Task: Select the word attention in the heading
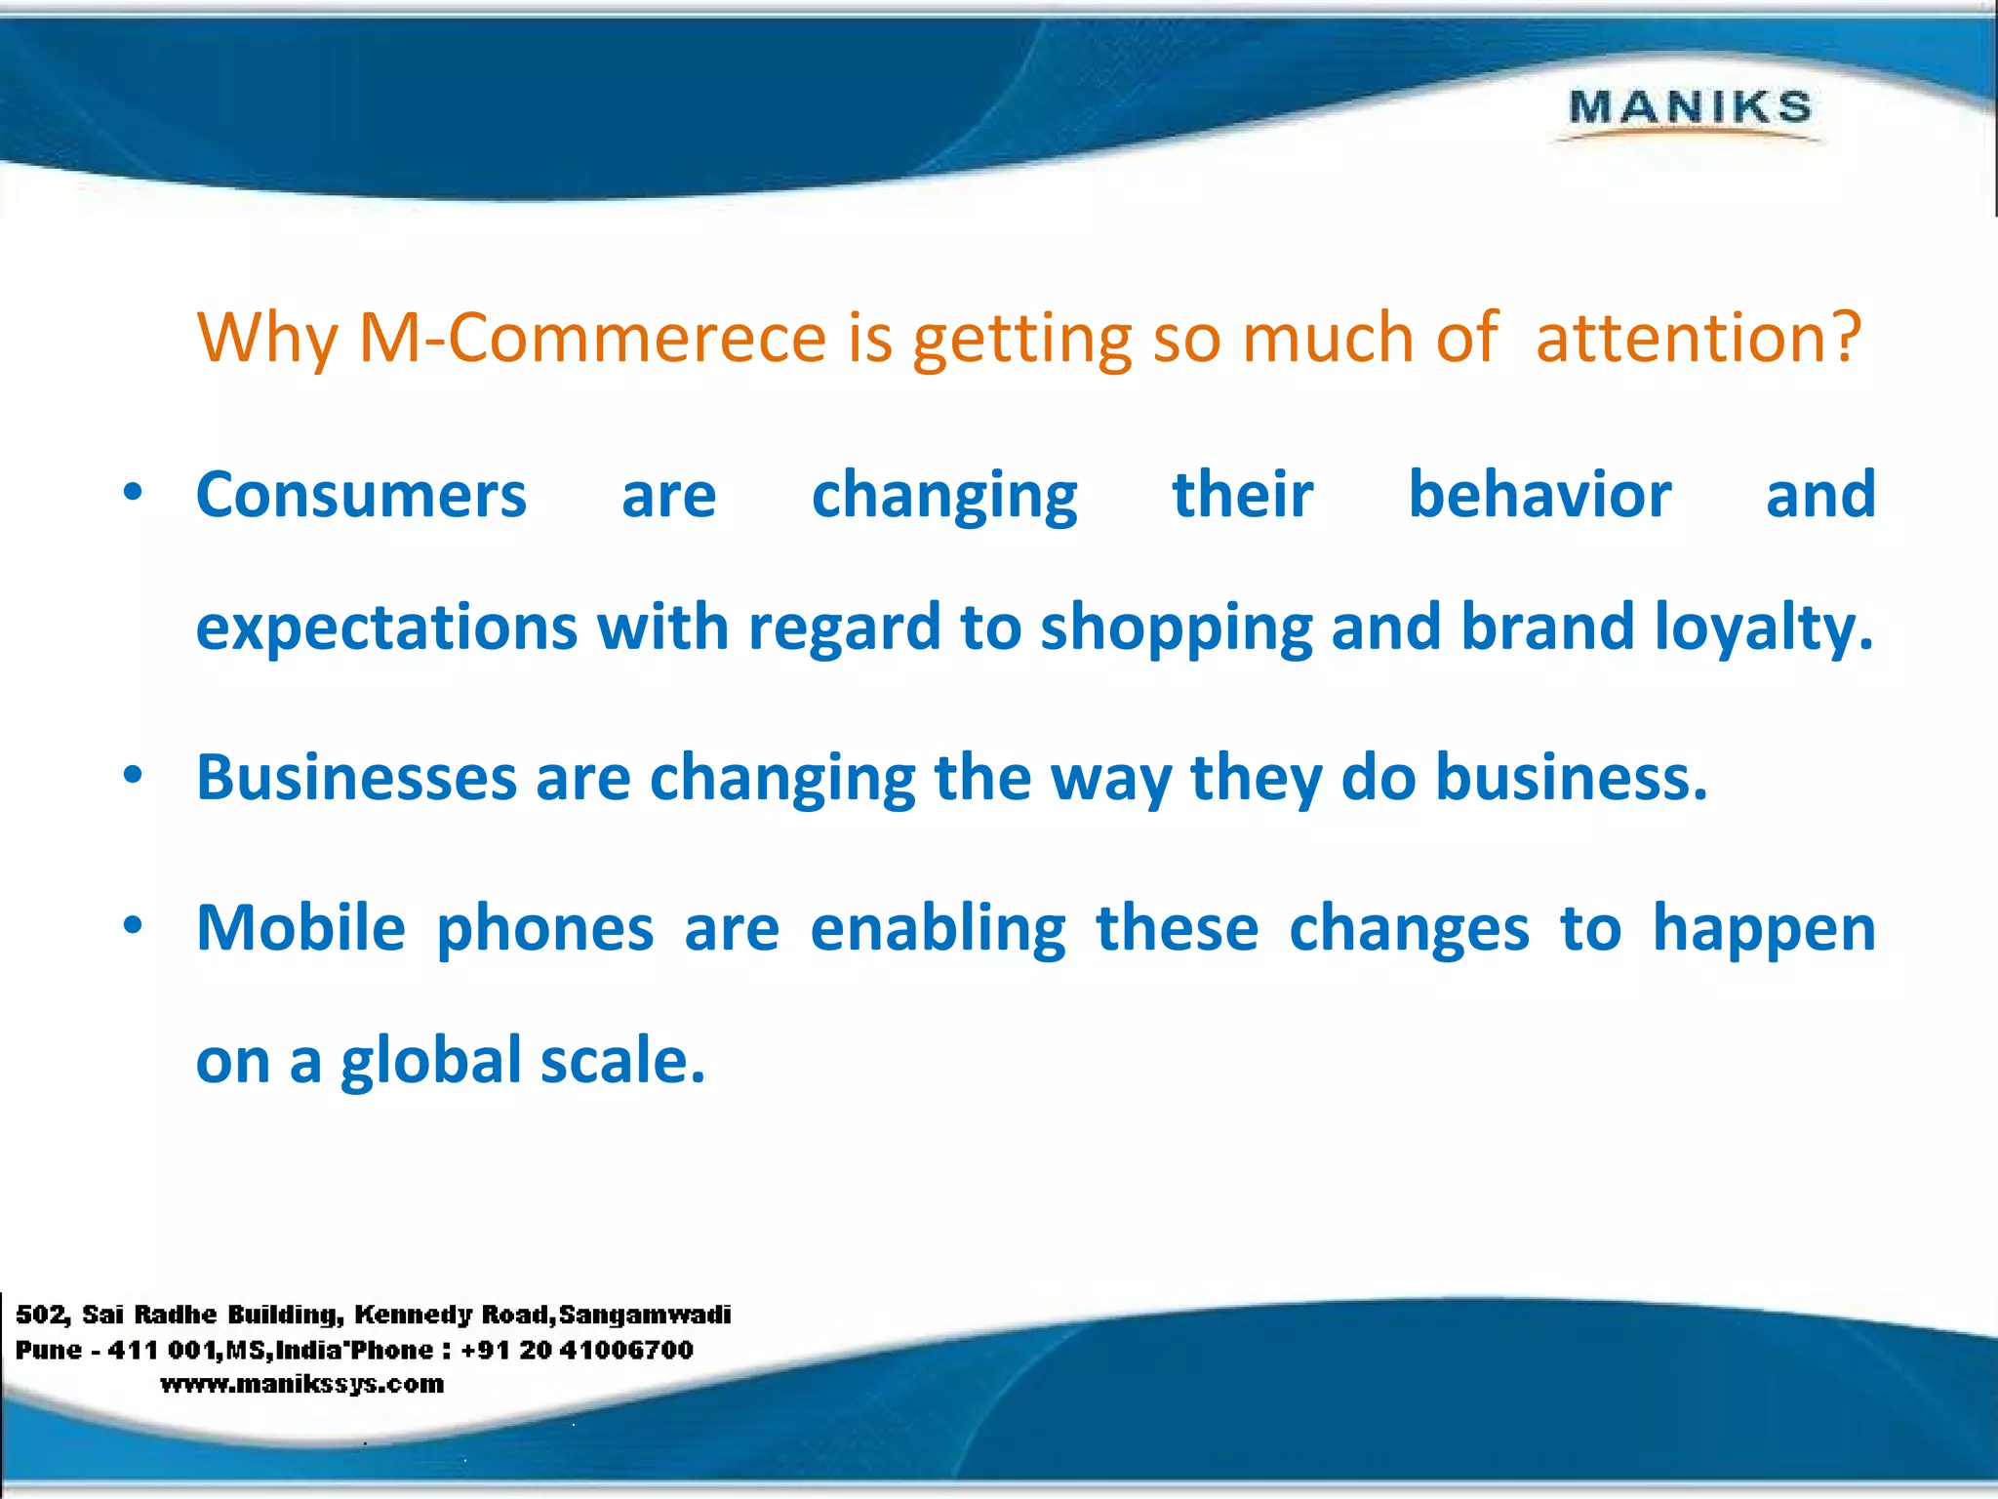tap(1678, 338)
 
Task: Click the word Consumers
tap(361, 495)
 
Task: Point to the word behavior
tap(1539, 495)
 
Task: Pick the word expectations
tap(386, 627)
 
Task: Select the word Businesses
tap(356, 778)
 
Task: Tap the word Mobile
tap(300, 928)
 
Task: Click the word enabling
tap(938, 928)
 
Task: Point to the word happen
tap(1764, 930)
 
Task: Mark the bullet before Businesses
tap(134, 775)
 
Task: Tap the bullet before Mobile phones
tap(134, 924)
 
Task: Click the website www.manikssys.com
tap(301, 1384)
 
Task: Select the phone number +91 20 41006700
tap(577, 1350)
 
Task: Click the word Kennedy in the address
tap(414, 1315)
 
